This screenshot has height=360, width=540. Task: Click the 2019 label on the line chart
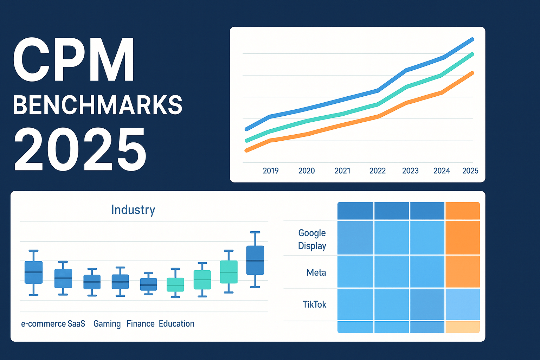(270, 171)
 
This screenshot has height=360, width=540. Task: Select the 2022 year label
(378, 171)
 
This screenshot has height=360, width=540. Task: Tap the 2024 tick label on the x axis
(442, 171)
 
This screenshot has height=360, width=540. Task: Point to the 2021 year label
(342, 171)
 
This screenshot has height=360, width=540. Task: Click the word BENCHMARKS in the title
(98, 105)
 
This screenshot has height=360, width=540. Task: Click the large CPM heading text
(74, 60)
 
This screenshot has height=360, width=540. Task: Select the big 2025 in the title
(80, 149)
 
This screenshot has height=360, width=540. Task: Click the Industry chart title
(133, 210)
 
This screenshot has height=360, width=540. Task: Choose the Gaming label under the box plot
(107, 324)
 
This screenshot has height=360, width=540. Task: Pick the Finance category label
(140, 324)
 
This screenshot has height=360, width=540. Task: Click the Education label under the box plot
(176, 324)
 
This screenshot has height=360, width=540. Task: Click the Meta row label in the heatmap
(316, 272)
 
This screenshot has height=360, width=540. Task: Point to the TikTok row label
(314, 304)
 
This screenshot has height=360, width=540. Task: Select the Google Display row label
(312, 239)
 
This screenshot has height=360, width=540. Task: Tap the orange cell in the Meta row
(462, 271)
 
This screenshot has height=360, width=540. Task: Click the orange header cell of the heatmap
(462, 211)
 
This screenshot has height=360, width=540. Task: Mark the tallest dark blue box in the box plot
(255, 260)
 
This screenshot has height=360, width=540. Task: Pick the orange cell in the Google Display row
(462, 237)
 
